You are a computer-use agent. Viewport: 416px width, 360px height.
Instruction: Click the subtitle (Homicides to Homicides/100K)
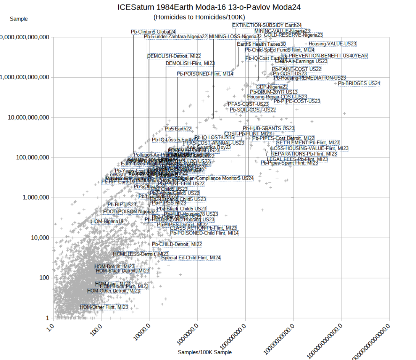click(199, 17)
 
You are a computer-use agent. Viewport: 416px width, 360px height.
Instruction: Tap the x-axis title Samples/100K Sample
click(205, 352)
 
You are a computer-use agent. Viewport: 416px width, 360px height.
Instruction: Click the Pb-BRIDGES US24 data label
click(359, 83)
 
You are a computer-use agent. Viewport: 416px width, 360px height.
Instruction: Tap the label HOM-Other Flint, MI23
click(104, 307)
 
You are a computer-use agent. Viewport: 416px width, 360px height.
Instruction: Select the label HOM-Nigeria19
click(107, 221)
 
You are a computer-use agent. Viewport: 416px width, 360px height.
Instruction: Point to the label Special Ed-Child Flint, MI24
click(191, 258)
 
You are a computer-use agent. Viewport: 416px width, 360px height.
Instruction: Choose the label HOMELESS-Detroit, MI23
click(141, 254)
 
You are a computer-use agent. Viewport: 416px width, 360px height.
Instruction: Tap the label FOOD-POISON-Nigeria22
click(130, 212)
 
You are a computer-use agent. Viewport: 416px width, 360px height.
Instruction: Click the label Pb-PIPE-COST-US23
click(300, 101)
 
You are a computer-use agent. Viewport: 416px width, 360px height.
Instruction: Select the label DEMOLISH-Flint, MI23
click(190, 63)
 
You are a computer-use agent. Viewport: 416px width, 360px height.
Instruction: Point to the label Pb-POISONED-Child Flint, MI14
click(205, 233)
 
